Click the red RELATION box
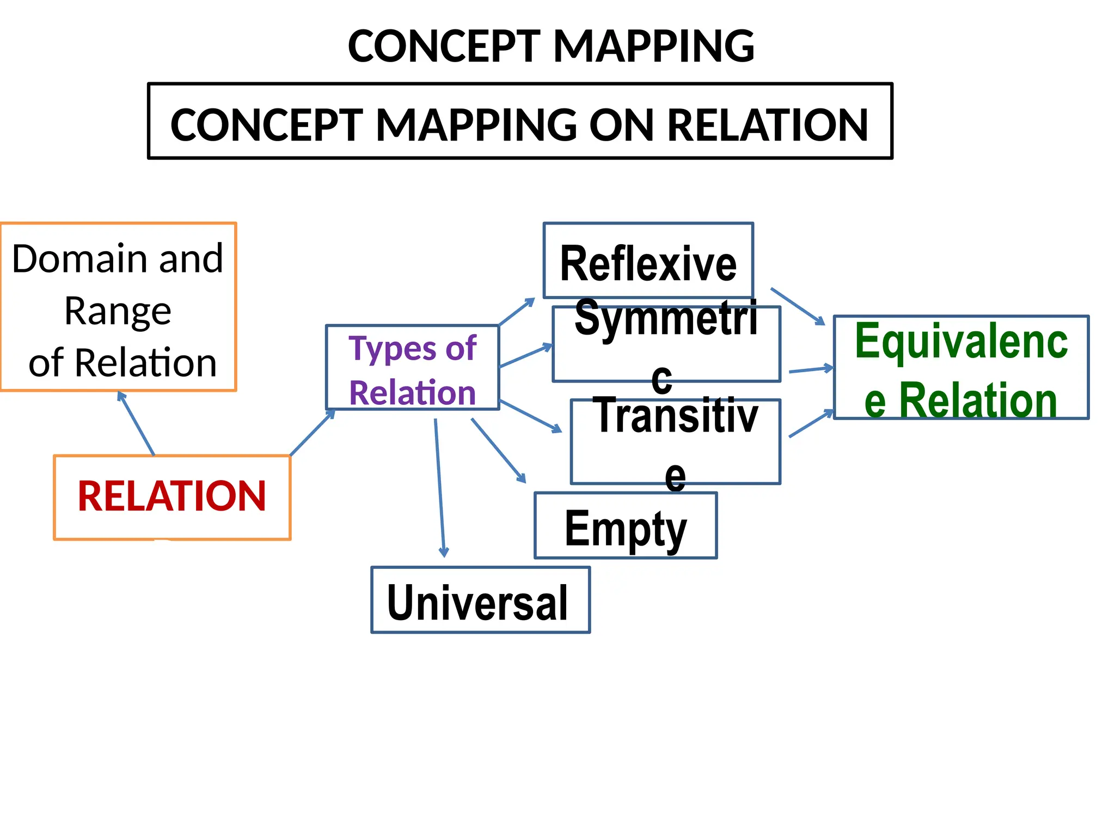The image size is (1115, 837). pyautogui.click(x=172, y=497)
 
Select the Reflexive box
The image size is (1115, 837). pyautogui.click(x=648, y=262)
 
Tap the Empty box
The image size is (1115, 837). pyautogui.click(x=626, y=526)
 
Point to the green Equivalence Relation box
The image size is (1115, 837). pyautogui.click(x=961, y=368)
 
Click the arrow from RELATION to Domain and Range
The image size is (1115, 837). pyautogui.click(x=137, y=423)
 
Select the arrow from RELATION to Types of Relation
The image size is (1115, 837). pyautogui.click(x=312, y=433)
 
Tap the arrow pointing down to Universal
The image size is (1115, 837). pyautogui.click(x=439, y=488)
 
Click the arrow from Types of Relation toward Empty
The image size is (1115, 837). pyautogui.click(x=498, y=451)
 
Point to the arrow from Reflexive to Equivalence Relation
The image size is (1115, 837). pyautogui.click(x=798, y=306)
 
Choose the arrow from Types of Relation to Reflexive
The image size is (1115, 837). pyautogui.click(x=517, y=312)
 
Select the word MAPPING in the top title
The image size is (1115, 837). pyautogui.click(x=653, y=46)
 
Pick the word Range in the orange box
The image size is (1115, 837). pyautogui.click(x=118, y=312)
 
